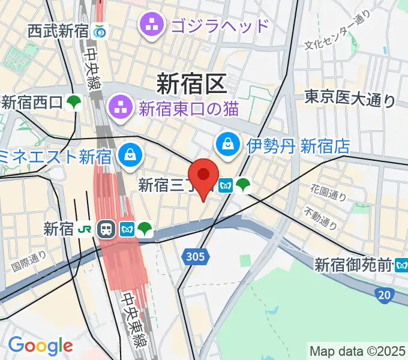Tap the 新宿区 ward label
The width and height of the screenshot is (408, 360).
pos(192,83)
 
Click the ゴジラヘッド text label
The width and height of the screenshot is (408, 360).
pos(220,26)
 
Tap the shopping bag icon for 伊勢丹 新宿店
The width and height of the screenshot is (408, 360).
pos(229,144)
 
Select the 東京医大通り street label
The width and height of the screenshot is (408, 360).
pos(350,98)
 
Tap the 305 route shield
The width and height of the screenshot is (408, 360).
pos(194,257)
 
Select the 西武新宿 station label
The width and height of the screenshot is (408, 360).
pos(58,31)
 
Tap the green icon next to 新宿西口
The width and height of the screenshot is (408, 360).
pos(74,103)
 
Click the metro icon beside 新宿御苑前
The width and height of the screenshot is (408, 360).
pos(401,263)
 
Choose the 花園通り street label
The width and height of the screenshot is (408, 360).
pos(328,193)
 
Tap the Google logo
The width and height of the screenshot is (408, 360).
pos(40,346)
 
